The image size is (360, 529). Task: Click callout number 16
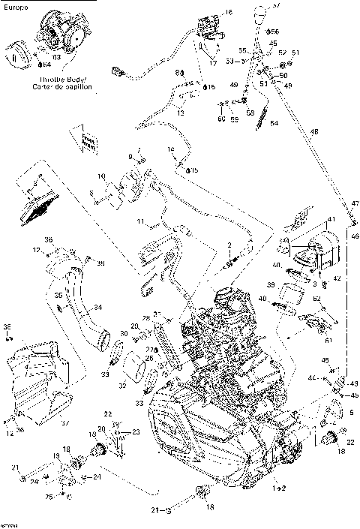click(x=229, y=13)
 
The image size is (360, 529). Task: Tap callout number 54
click(x=274, y=122)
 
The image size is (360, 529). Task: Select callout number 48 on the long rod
click(x=313, y=132)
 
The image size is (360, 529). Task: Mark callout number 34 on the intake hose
click(x=76, y=306)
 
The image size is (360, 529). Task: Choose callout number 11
click(x=139, y=222)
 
